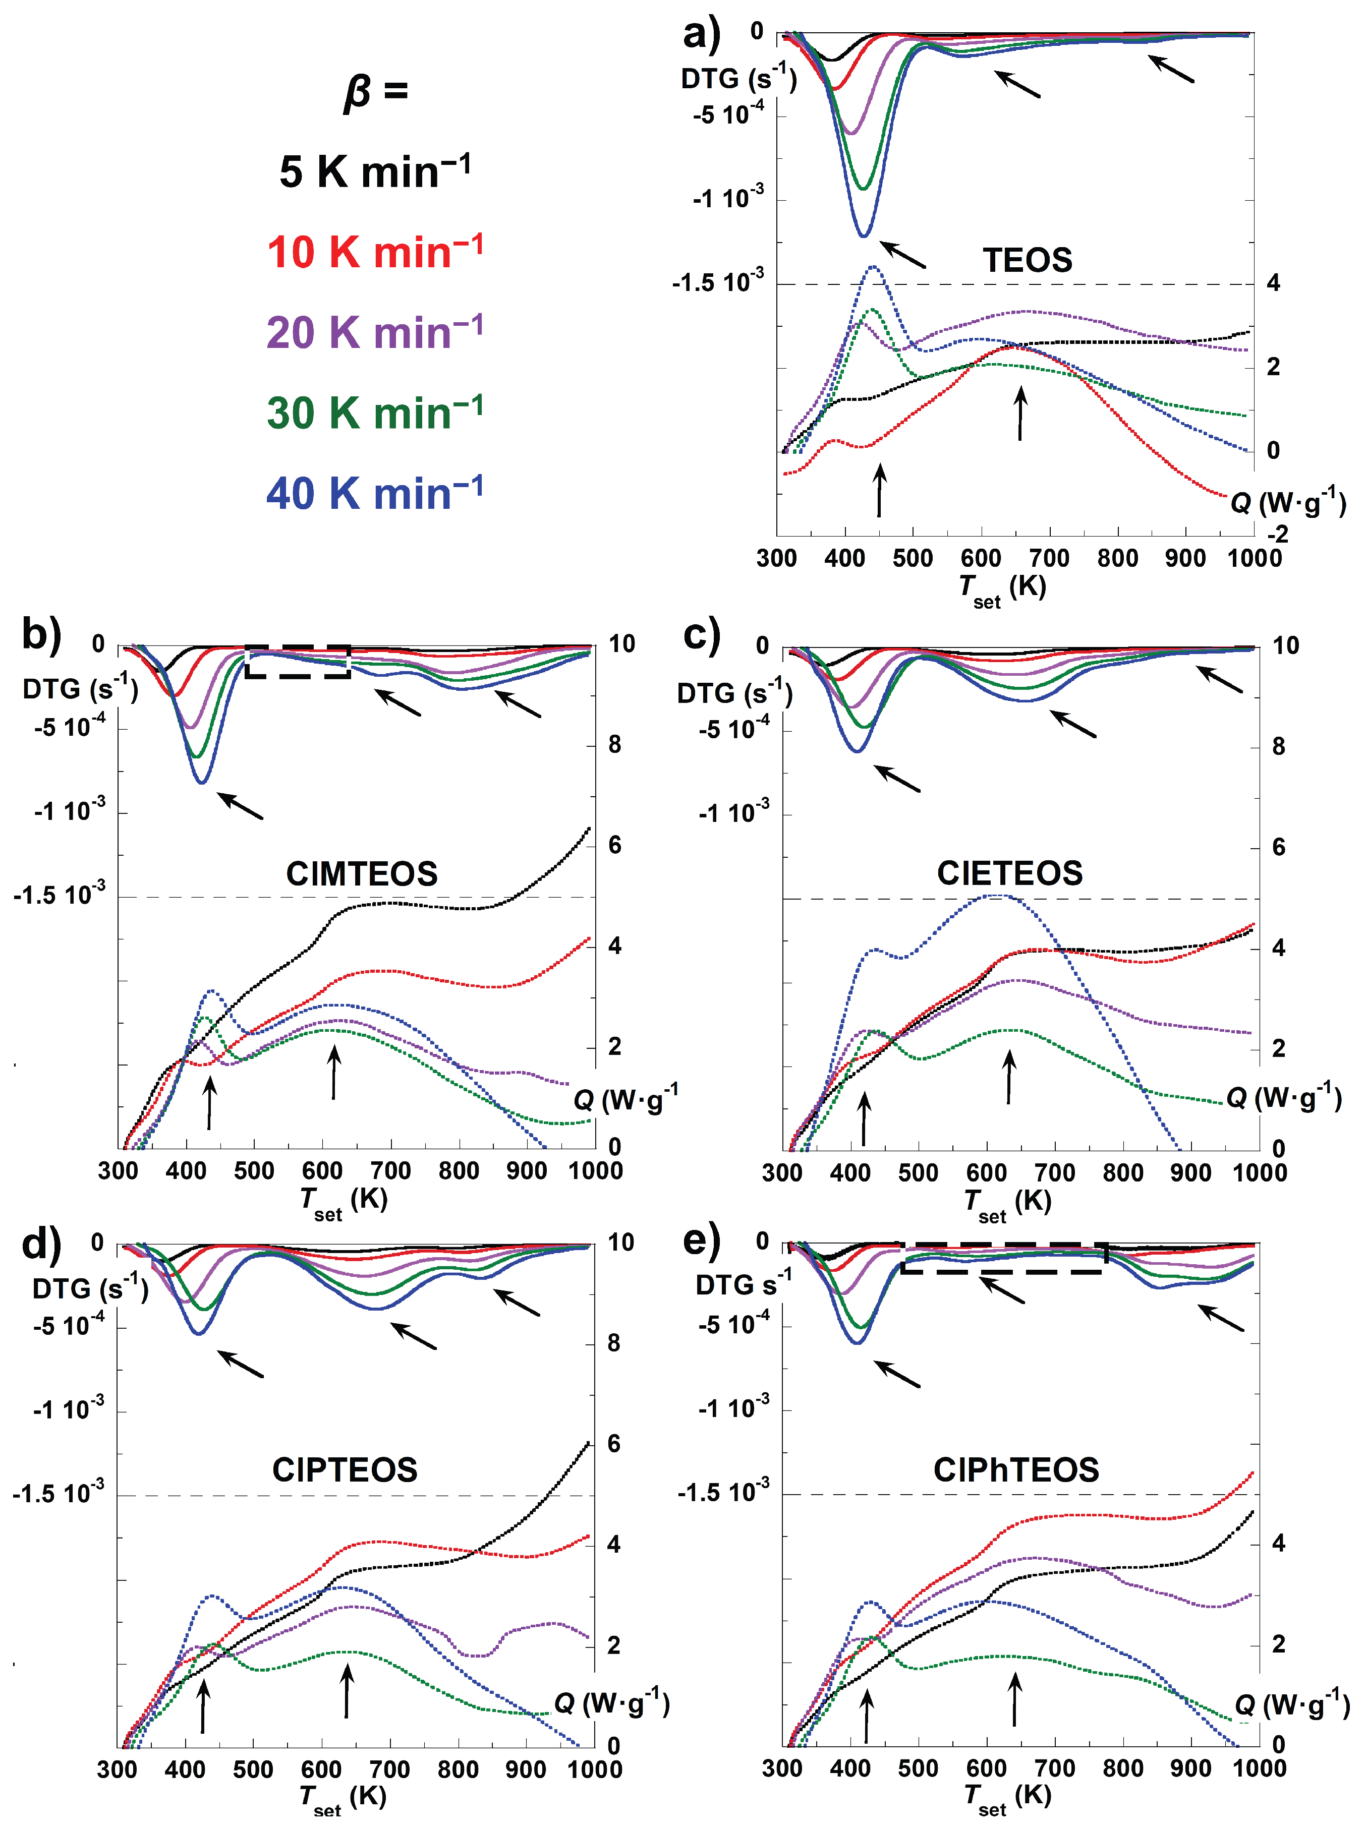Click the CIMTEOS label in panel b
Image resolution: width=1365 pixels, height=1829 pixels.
pos(361,874)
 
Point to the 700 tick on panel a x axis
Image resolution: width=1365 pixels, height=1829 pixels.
pos(1049,558)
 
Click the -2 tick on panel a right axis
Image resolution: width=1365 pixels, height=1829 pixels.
pos(1277,535)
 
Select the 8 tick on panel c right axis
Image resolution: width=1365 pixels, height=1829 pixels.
pos(1278,747)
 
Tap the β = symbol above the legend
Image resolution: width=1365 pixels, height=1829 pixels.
pos(376,91)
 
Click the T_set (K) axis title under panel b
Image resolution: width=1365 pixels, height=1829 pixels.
pos(343,1202)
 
